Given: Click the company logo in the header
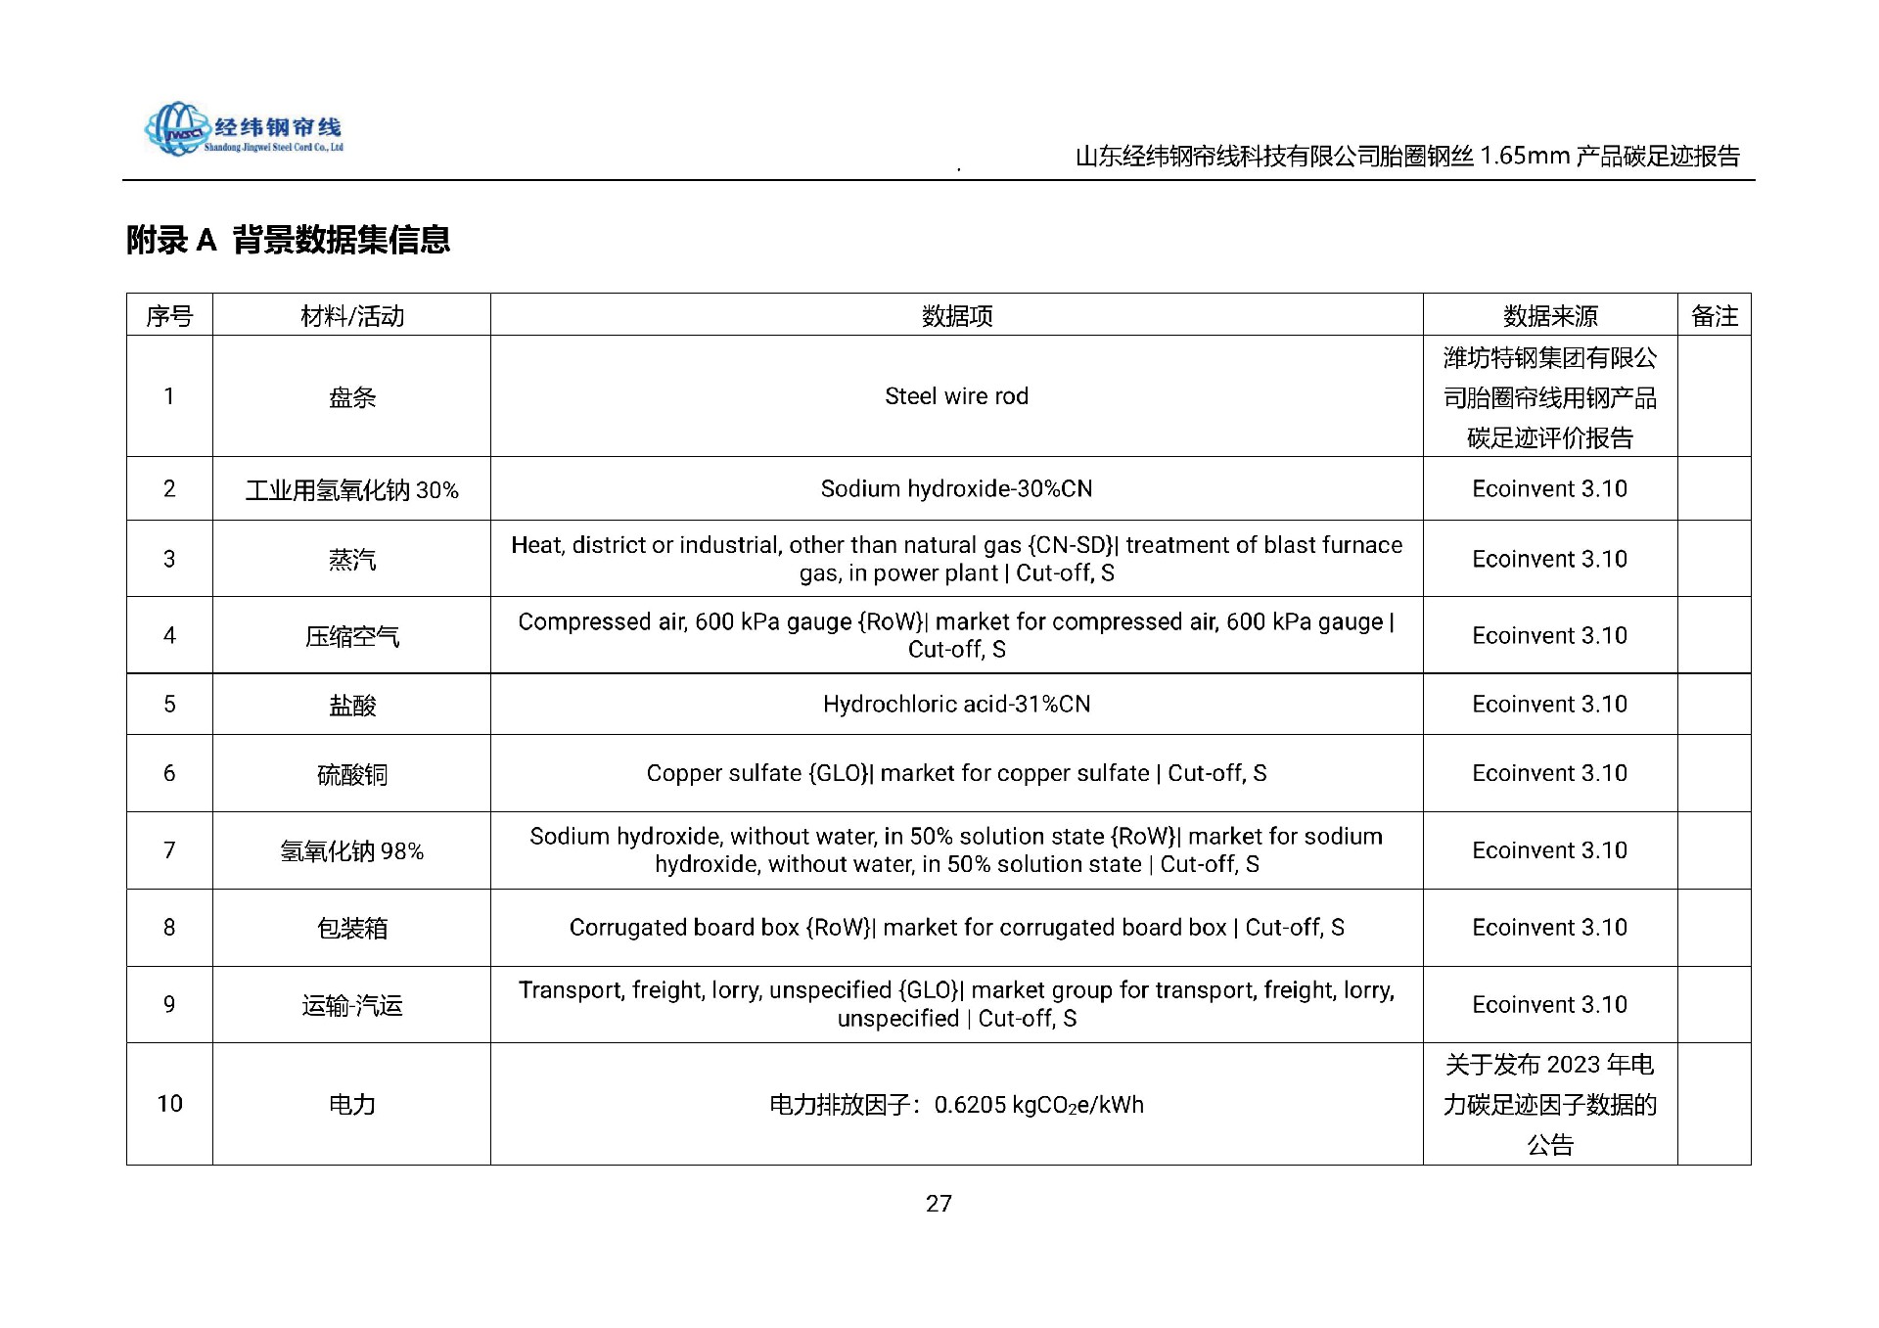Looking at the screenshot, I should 244,129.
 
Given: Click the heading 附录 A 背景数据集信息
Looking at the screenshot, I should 288,240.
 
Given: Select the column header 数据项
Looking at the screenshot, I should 956,316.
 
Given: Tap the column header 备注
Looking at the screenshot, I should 1714,316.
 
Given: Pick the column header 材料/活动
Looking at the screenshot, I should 351,316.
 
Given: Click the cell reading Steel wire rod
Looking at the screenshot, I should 956,396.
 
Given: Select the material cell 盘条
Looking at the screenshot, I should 351,397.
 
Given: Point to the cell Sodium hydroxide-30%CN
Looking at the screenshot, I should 956,488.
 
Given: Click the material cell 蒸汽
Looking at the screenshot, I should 351,560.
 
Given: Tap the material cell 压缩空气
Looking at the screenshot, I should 351,636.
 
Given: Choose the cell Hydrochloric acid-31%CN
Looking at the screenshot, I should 956,704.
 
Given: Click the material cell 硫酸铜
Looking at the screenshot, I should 351,774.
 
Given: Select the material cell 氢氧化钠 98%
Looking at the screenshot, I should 351,851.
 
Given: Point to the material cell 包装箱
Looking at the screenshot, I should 351,928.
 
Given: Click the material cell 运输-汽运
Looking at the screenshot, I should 351,1005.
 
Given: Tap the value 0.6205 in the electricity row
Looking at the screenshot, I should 970,1105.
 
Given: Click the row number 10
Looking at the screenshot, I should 169,1104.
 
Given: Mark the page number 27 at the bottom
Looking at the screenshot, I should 939,1204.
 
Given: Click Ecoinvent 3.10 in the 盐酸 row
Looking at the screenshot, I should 1549,704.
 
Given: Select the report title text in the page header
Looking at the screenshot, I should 1406,157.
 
